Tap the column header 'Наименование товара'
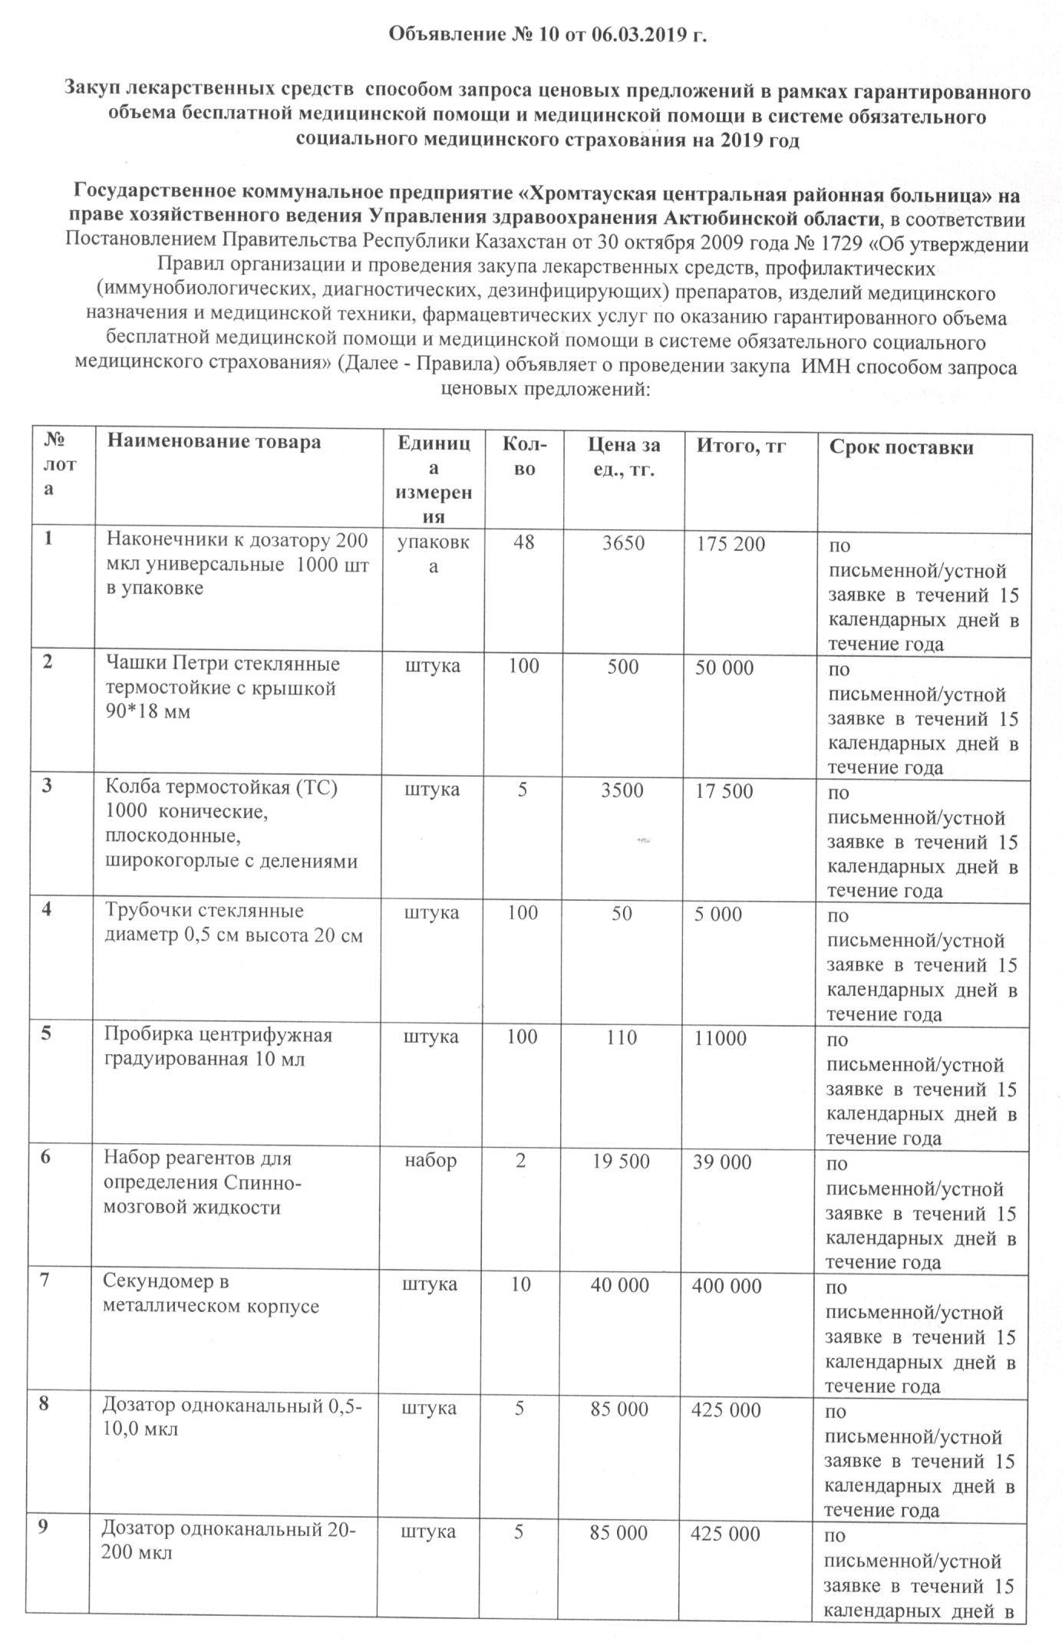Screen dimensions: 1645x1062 (x=213, y=442)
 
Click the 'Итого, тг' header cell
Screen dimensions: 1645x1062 (x=741, y=446)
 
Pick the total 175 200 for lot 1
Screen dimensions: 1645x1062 (x=731, y=545)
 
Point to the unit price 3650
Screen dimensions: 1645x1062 (x=623, y=543)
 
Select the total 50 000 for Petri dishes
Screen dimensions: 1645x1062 (x=724, y=668)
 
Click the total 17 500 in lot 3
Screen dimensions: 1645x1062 (x=724, y=791)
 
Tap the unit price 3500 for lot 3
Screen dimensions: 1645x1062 (x=623, y=790)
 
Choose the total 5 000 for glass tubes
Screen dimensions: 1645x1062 (x=718, y=914)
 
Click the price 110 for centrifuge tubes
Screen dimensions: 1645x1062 (x=622, y=1037)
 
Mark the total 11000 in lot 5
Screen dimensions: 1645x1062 (x=721, y=1038)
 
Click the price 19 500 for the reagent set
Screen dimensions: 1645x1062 (x=622, y=1161)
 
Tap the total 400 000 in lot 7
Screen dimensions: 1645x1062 (x=727, y=1285)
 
